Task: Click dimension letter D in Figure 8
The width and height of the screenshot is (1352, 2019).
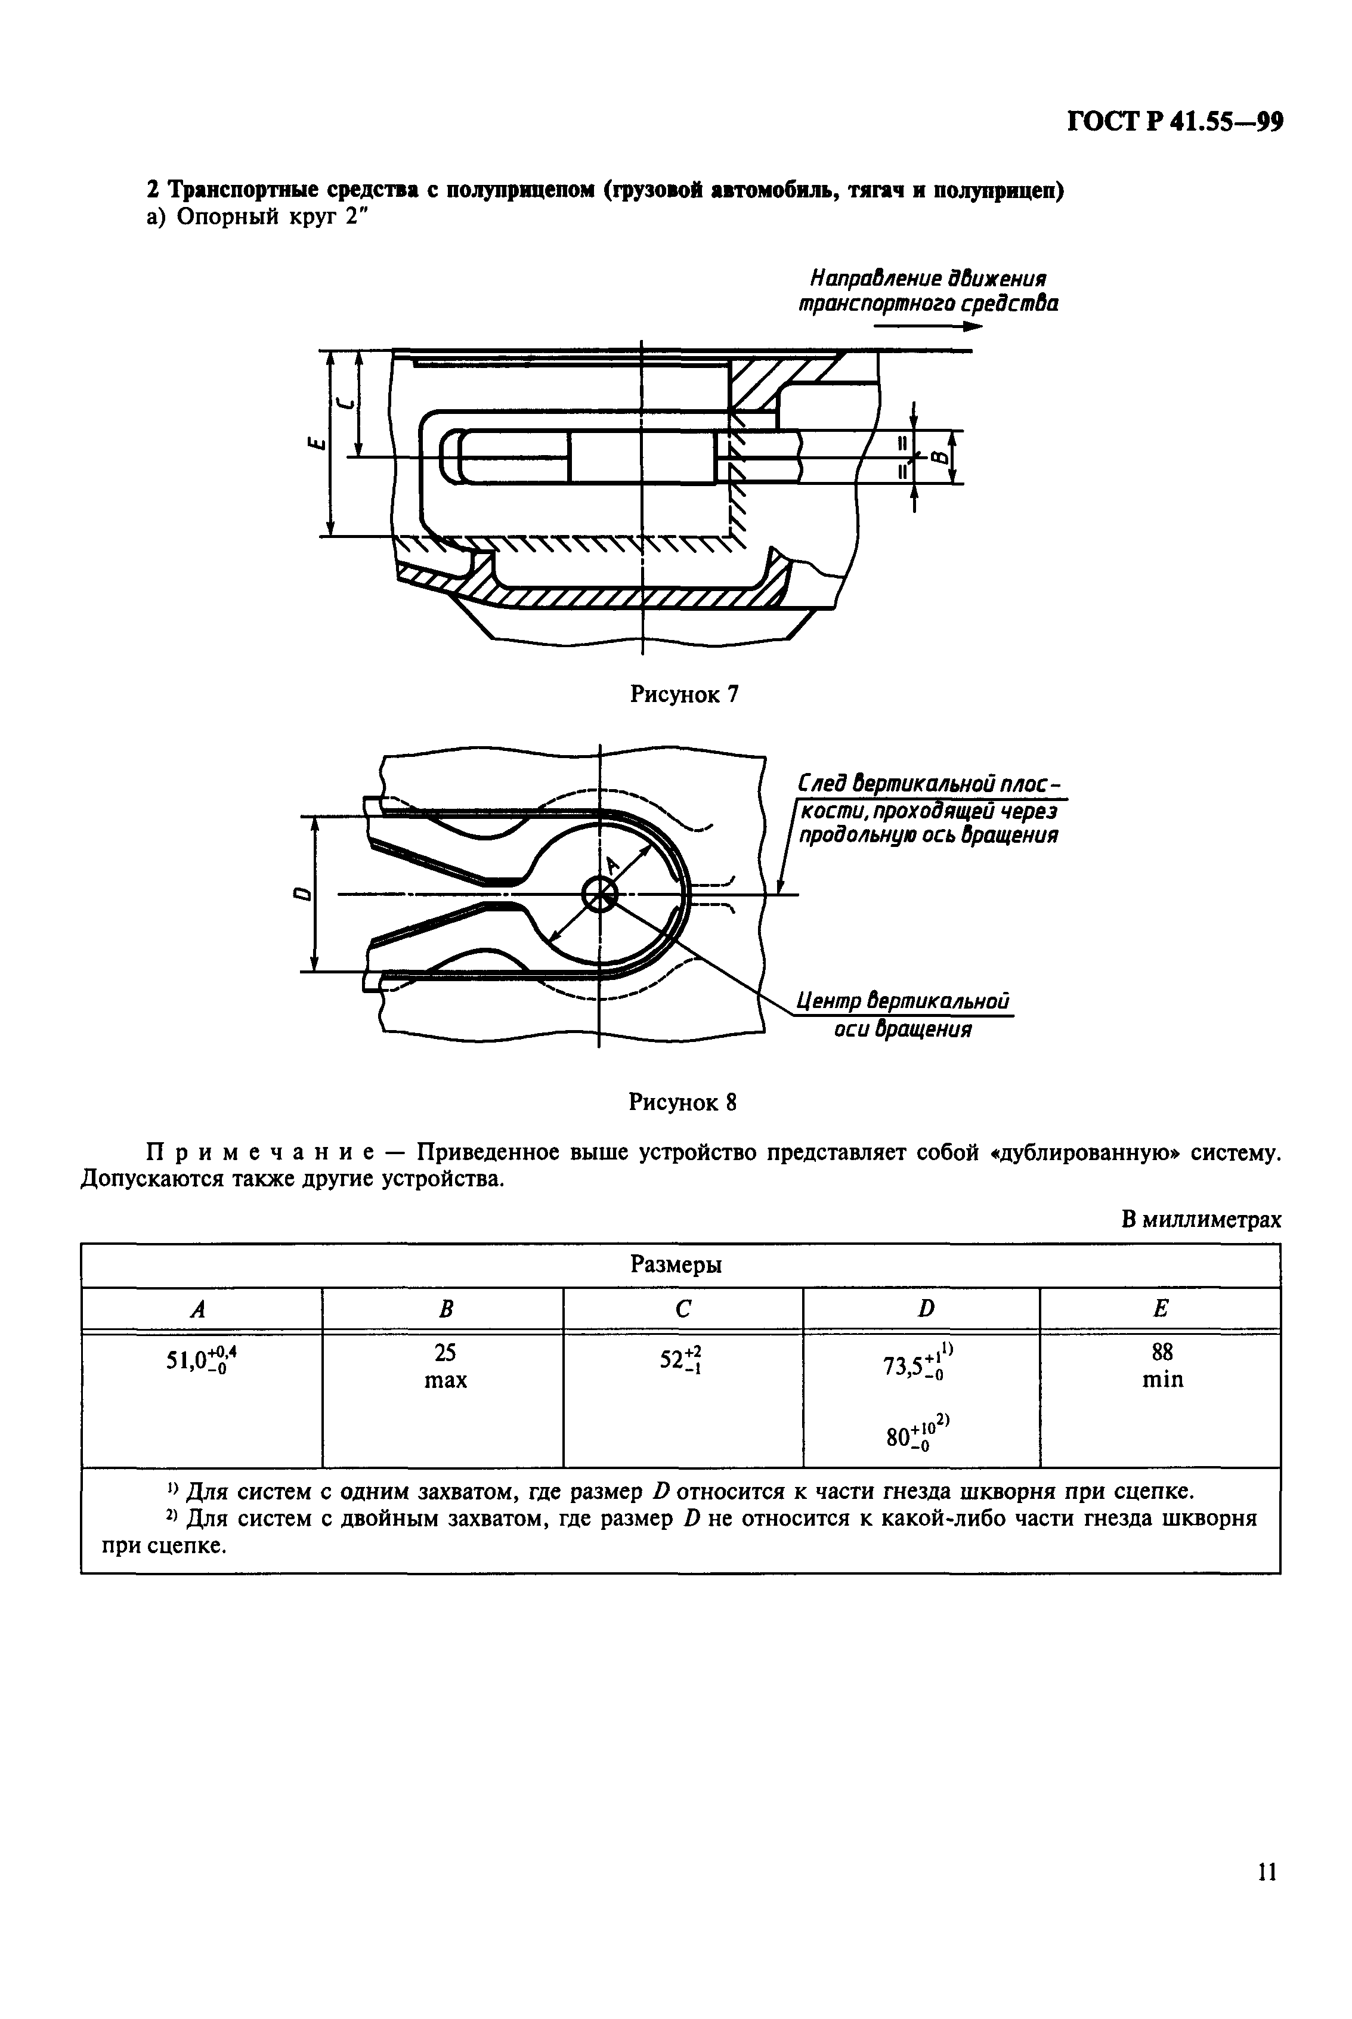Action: click(302, 894)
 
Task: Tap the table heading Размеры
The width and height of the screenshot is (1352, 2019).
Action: click(676, 1264)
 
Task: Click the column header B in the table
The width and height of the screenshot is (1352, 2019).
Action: click(445, 1309)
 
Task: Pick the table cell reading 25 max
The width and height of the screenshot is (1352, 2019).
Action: click(445, 1365)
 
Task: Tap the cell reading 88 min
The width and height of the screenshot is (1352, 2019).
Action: click(1161, 1365)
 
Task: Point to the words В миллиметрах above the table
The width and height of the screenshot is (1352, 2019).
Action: click(1201, 1220)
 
